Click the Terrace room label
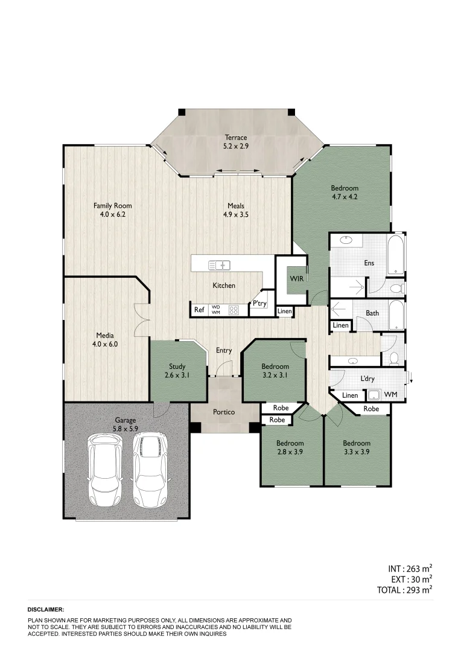[x=235, y=141]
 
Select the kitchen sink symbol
[x=219, y=264]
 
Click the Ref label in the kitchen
[x=199, y=310]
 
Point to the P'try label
[x=259, y=304]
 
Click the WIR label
[x=296, y=279]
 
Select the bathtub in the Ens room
[x=397, y=257]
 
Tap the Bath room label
[x=372, y=313]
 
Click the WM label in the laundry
[x=391, y=395]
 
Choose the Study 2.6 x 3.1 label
[x=177, y=371]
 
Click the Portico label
[x=224, y=412]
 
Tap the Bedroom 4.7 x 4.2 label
[x=345, y=192]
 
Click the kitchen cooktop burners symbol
[x=234, y=310]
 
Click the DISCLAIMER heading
[x=46, y=610]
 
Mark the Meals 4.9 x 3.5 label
[x=235, y=209]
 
